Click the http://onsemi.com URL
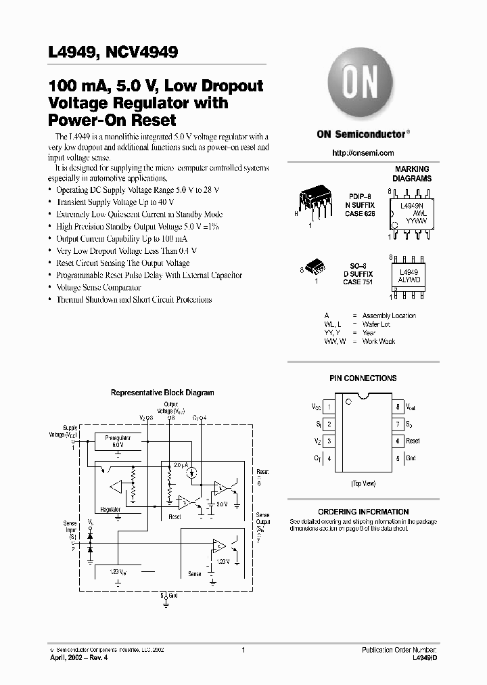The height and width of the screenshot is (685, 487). pos(363,153)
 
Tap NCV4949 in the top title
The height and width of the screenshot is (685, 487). pos(141,52)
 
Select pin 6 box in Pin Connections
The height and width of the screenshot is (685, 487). pos(397,441)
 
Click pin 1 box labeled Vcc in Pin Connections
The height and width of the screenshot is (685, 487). pos(329,407)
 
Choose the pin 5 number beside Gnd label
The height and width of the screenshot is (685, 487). pos(397,458)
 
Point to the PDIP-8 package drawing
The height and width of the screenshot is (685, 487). pos(312,201)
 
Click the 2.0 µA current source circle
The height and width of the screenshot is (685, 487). pos(191,471)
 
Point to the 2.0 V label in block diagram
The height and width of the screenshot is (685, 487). pos(221,504)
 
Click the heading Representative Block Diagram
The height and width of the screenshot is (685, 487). pos(162,393)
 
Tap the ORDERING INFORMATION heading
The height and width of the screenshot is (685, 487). pos(363,512)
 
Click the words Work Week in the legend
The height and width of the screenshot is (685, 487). pos(379,341)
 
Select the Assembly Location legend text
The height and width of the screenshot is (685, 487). pos(389,315)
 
